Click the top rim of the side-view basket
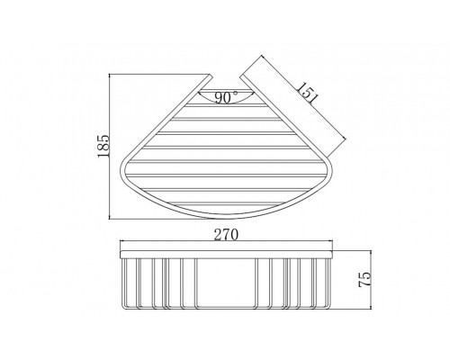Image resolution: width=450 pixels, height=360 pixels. [x=227, y=251]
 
